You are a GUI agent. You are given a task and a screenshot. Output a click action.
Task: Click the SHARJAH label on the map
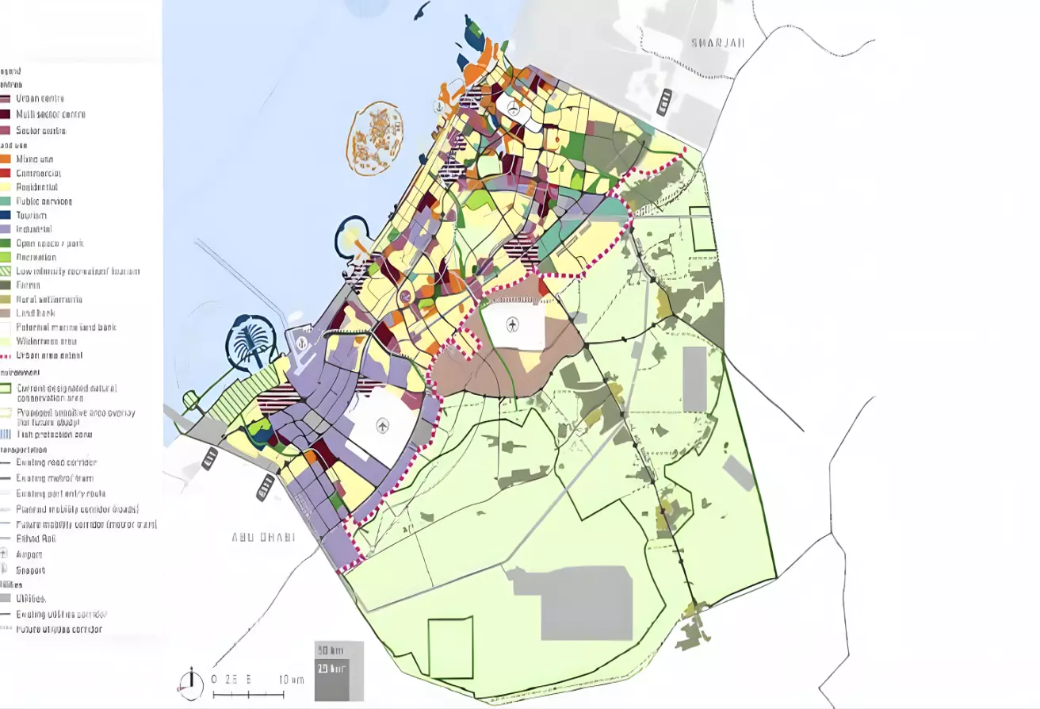(x=717, y=43)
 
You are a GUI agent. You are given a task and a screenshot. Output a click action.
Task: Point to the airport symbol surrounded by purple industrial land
(x=383, y=427)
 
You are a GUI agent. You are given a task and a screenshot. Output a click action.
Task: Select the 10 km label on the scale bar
(x=292, y=680)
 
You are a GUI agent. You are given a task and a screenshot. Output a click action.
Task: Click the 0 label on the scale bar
(x=215, y=680)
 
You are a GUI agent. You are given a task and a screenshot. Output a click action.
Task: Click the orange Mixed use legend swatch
(x=5, y=159)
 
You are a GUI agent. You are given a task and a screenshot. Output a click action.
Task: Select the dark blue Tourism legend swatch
(x=5, y=216)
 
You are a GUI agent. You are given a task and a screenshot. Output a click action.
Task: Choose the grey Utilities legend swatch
(x=5, y=599)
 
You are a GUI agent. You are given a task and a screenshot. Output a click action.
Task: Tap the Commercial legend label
(x=39, y=174)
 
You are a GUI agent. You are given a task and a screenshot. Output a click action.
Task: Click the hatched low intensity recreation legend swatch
(x=5, y=271)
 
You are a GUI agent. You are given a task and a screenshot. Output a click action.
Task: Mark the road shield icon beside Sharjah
(x=664, y=99)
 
